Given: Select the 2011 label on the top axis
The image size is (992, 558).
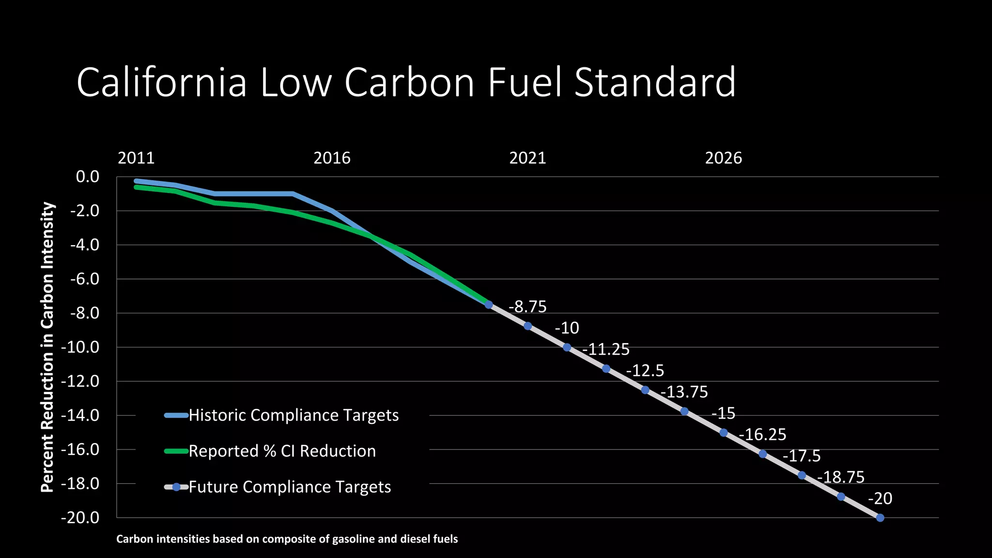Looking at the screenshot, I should tap(136, 158).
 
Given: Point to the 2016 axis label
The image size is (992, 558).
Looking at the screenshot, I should tap(332, 158).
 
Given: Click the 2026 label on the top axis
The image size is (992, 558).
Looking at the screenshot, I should tap(723, 158).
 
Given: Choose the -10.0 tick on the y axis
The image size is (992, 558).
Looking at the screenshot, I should tap(80, 347).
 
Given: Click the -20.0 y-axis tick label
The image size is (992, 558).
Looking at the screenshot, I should tap(80, 518).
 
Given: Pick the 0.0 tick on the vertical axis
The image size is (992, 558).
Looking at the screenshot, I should tap(87, 177).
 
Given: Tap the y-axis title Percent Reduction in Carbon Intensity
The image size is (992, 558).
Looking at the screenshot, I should tap(47, 347).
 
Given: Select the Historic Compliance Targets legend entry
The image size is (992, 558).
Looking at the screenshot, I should tap(294, 415).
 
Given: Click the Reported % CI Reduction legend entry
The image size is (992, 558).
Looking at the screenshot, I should tap(282, 451).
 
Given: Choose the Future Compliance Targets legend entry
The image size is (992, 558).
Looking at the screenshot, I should tap(290, 487).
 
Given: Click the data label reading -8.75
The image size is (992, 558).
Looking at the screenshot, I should tap(527, 307).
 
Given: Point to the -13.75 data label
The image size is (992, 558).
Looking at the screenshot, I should tap(684, 392).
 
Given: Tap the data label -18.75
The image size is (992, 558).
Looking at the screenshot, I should tap(841, 477).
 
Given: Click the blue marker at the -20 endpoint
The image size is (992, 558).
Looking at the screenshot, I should tap(880, 518).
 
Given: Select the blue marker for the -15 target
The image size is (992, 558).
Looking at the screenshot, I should tap(724, 433).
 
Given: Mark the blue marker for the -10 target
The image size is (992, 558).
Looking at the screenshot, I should tap(567, 347).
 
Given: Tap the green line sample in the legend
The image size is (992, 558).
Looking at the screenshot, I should tap(176, 451).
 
